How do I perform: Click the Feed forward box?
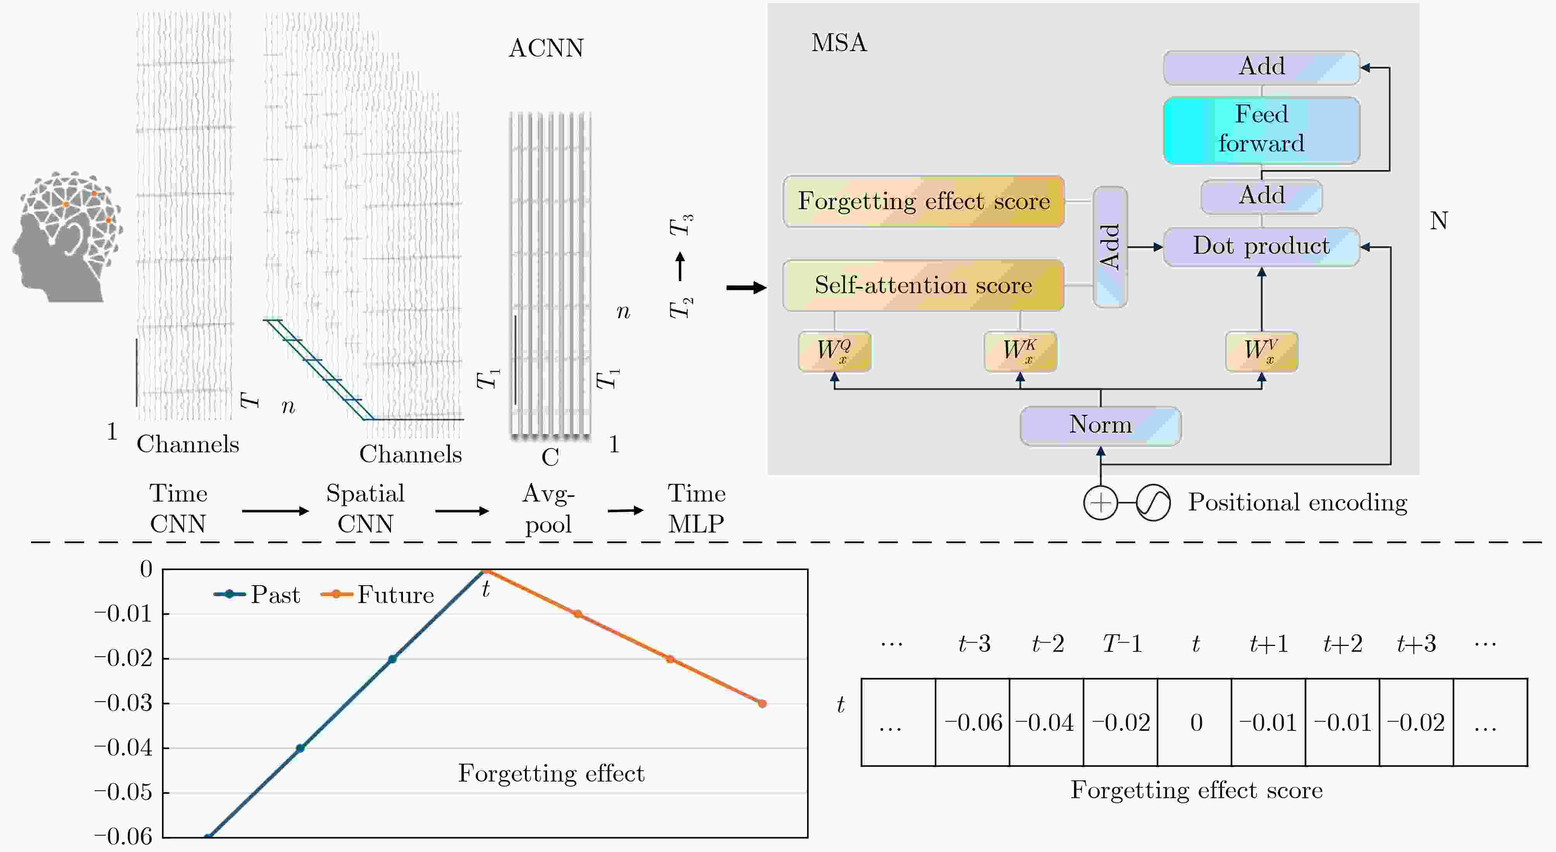click(1261, 130)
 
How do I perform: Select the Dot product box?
click(1261, 246)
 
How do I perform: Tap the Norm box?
click(1101, 425)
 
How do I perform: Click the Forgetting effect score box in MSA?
click(924, 201)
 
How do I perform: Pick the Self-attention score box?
click(924, 285)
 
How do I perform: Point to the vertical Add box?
click(1110, 247)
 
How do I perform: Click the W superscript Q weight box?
click(834, 351)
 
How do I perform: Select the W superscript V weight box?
click(1261, 351)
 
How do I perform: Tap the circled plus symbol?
click(1101, 502)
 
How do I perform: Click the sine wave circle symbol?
click(1153, 502)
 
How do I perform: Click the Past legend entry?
click(257, 595)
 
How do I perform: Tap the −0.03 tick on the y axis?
click(124, 703)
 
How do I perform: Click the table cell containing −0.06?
click(972, 722)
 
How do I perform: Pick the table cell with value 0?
click(1195, 722)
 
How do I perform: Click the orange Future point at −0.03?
click(762, 703)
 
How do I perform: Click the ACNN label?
click(546, 48)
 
